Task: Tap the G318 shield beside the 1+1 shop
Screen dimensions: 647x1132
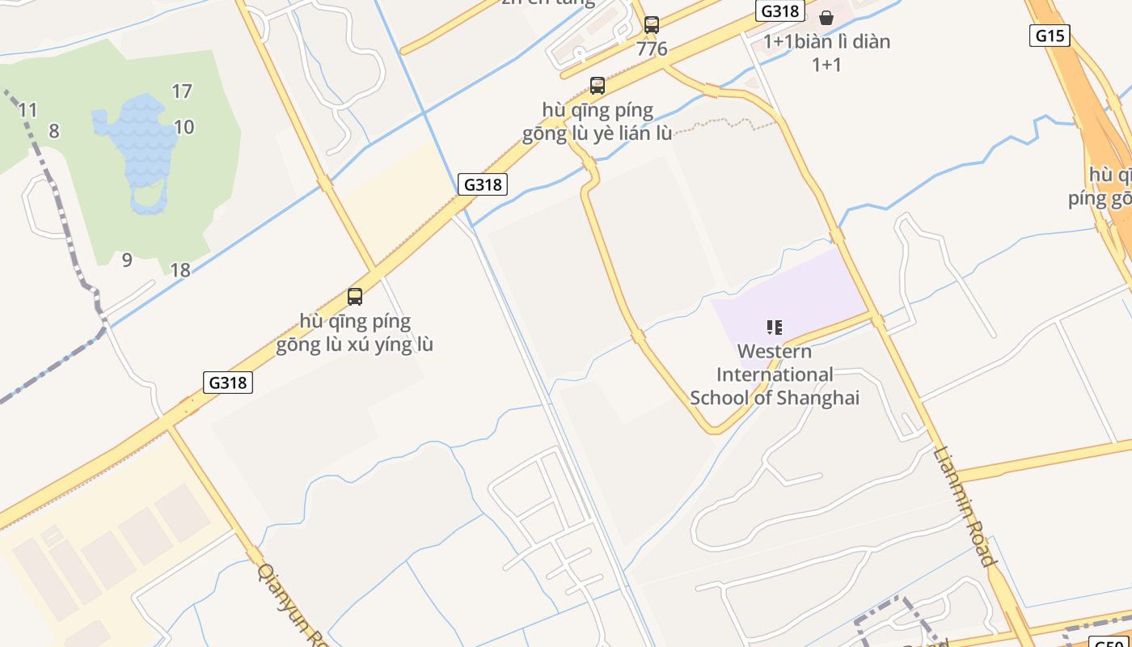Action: [x=779, y=11]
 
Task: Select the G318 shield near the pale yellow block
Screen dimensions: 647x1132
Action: [x=483, y=184]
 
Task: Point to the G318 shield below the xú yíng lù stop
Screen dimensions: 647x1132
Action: [x=227, y=382]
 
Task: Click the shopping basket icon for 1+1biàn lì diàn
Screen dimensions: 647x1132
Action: [x=826, y=18]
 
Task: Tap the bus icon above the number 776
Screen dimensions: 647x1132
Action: [x=652, y=25]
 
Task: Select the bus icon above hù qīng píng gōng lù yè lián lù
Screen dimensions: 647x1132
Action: [x=598, y=85]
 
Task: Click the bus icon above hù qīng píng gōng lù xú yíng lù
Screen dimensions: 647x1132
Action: [x=355, y=296]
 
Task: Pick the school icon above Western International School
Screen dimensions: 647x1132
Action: [x=775, y=328]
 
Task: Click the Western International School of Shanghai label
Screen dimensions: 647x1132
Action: [x=775, y=374]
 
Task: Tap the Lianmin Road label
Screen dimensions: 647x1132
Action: [x=965, y=506]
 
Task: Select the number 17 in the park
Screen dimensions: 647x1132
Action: [x=182, y=91]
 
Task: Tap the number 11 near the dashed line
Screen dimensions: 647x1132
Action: [x=28, y=110]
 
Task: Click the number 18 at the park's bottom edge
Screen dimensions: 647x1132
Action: [x=180, y=270]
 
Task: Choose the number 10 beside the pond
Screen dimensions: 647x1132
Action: [x=184, y=127]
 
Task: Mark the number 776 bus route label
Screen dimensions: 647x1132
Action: [x=652, y=49]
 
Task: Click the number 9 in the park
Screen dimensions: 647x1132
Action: [x=127, y=260]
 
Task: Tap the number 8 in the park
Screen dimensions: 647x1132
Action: [x=54, y=131]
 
